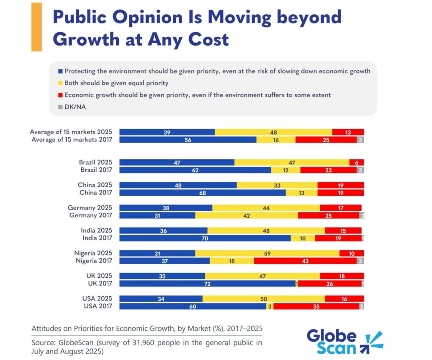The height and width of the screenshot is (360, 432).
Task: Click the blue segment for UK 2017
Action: pos(207,284)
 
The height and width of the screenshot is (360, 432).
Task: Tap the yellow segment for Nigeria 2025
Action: pos(267,253)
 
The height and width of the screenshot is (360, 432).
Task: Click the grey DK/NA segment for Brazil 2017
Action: pos(361,170)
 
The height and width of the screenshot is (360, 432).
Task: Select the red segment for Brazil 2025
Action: pos(356,162)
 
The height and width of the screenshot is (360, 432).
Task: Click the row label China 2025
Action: pos(95,185)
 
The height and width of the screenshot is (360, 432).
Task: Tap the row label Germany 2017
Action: pos(90,215)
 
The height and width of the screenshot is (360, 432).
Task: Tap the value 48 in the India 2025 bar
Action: pos(266,231)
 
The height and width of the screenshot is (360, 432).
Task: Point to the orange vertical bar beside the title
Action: pos(36,27)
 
